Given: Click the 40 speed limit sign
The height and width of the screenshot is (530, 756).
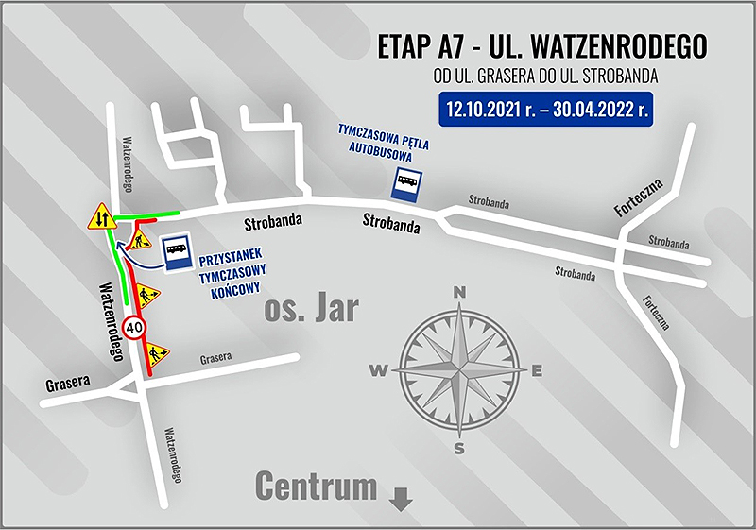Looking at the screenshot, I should click(x=133, y=328).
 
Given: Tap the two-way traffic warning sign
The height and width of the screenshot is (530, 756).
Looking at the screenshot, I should click(x=101, y=219).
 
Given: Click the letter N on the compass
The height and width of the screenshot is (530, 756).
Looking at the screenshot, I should click(x=459, y=293).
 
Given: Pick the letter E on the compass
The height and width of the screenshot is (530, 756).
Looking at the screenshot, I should click(x=536, y=370).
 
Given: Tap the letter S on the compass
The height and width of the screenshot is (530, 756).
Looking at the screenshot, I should click(x=459, y=448).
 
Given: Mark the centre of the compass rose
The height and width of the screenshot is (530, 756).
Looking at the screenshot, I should click(x=459, y=369).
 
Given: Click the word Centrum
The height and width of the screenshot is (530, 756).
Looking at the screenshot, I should click(x=316, y=487).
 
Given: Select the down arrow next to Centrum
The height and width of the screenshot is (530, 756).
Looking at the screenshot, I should click(x=401, y=496).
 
